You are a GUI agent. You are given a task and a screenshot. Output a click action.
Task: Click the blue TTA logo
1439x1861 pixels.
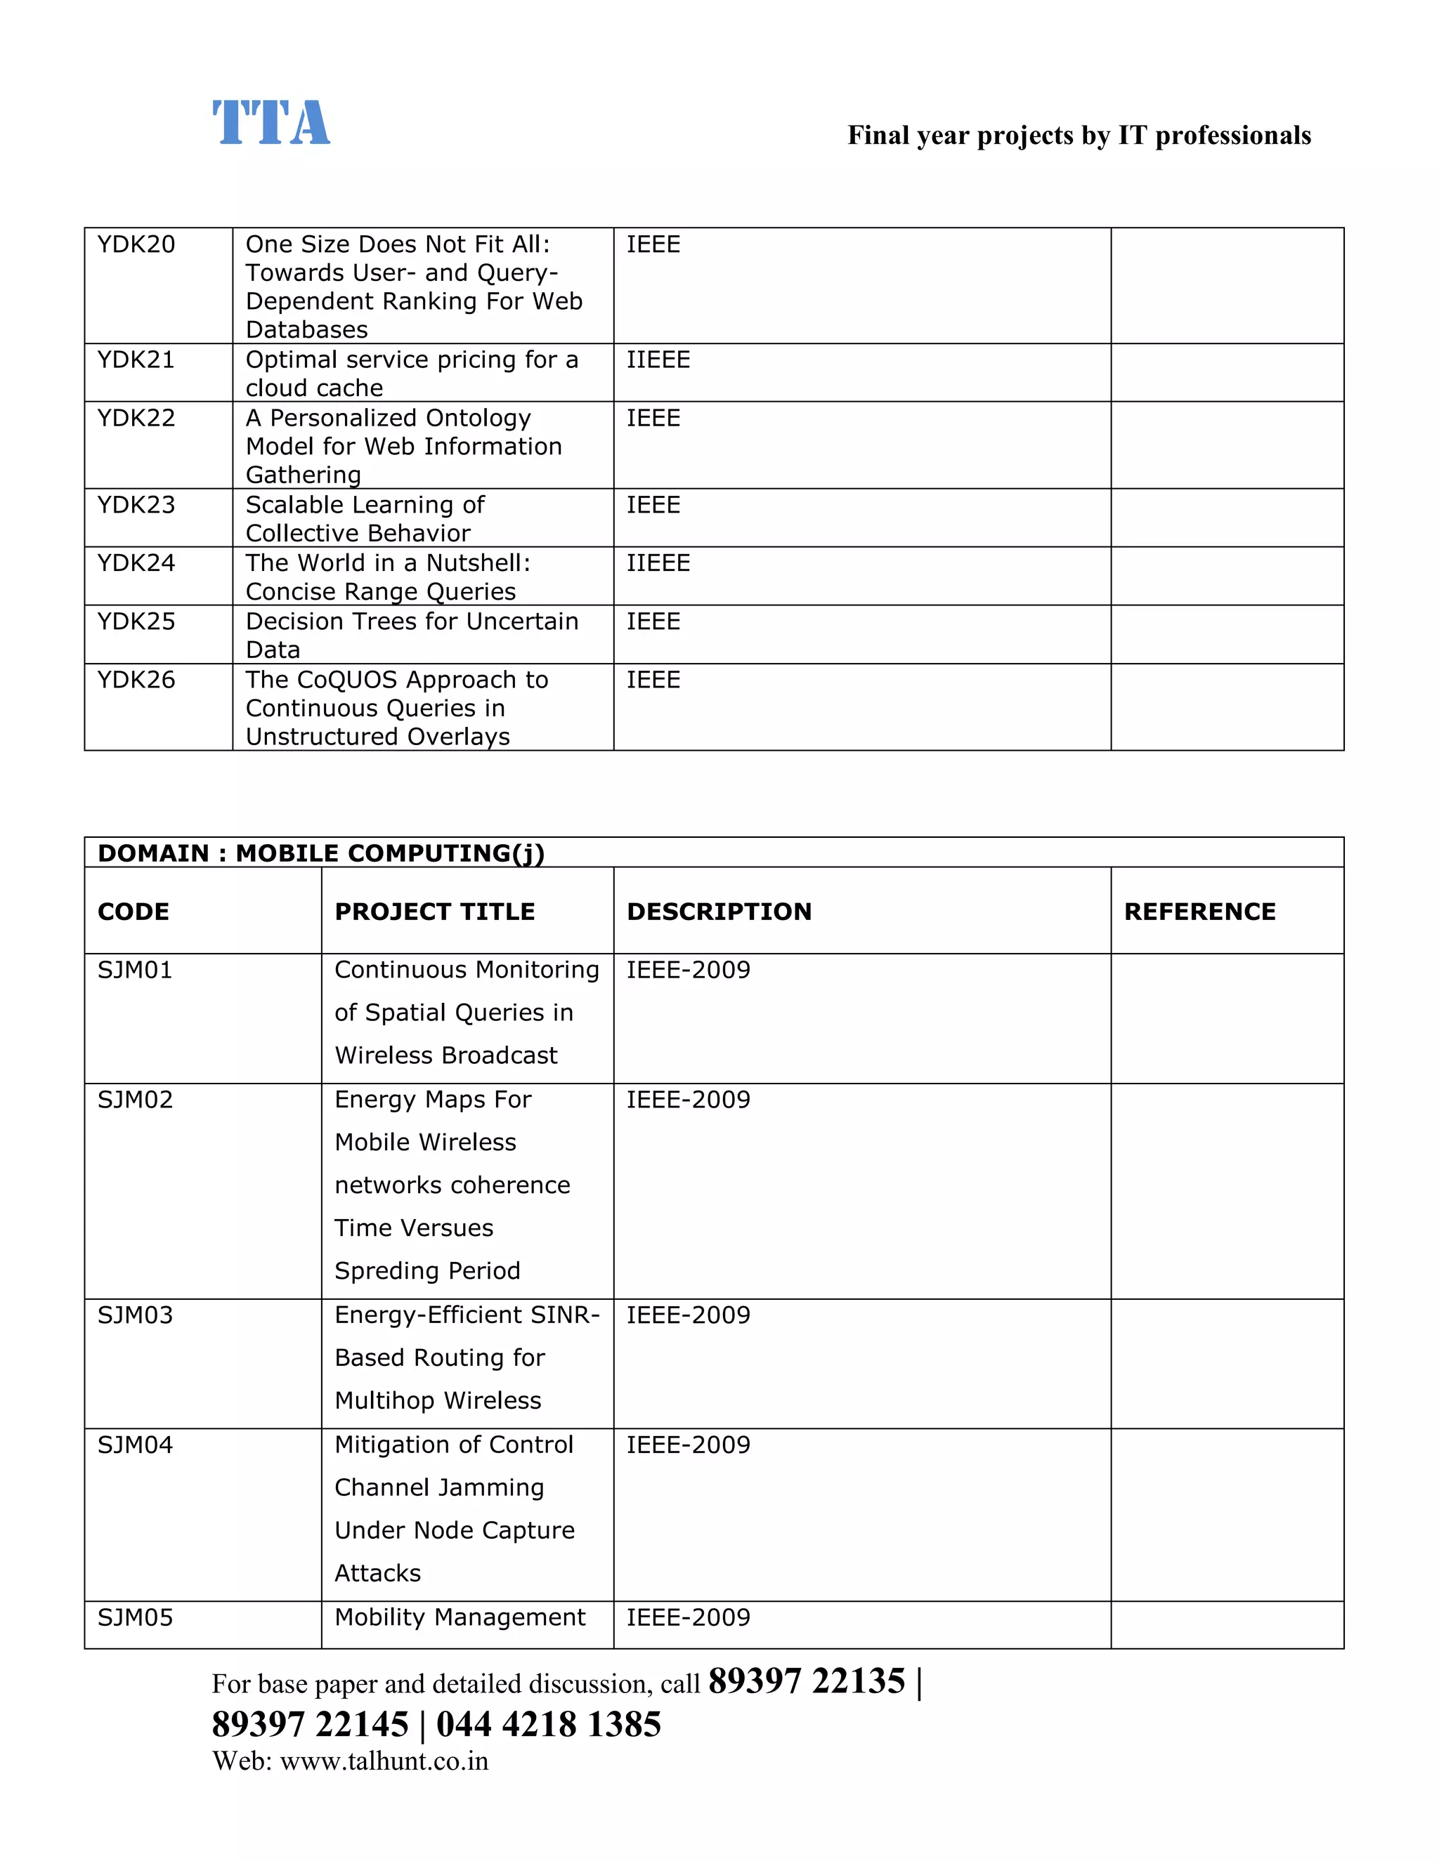pos(271,123)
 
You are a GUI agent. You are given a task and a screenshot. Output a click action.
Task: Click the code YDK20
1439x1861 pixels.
pos(136,244)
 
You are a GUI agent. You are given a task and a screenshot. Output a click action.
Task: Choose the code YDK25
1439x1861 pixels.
pos(136,622)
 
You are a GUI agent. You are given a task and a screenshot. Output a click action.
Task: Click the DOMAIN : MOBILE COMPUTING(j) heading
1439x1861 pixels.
pos(320,853)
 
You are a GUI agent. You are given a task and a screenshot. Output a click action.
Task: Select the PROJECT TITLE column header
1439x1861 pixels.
pos(434,912)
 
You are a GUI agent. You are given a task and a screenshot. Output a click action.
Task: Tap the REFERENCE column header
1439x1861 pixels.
pos(1199,912)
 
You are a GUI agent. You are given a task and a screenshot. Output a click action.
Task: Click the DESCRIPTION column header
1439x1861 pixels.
pos(719,912)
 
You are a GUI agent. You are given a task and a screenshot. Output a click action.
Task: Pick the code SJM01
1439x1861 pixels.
pos(135,971)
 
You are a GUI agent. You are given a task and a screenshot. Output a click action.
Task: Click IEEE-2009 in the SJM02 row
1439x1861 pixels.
pos(688,1100)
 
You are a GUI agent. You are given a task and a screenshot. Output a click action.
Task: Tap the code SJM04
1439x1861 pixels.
pos(135,1445)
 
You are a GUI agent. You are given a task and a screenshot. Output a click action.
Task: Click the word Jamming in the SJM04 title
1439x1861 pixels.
pos(496,1488)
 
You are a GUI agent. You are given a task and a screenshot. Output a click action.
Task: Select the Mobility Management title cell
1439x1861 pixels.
pos(460,1617)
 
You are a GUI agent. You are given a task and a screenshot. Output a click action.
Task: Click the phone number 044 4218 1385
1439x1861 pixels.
pos(548,1725)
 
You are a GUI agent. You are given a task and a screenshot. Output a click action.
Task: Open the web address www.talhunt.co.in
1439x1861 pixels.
pos(384,1761)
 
